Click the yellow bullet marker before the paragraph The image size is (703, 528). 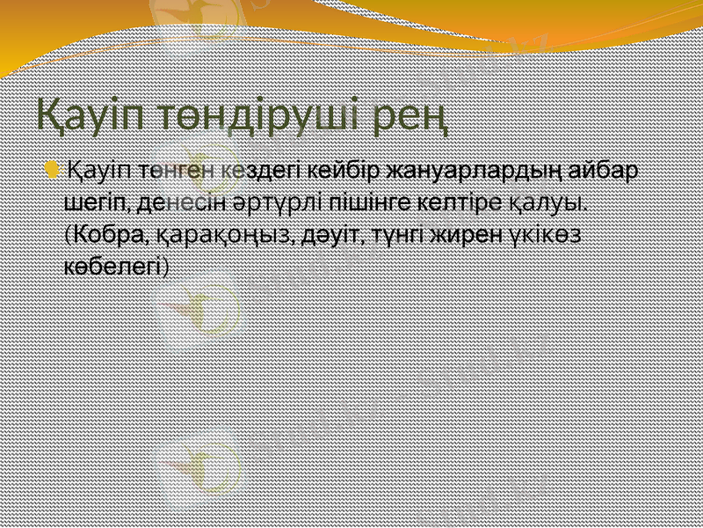point(56,168)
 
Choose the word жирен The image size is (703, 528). point(462,235)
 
